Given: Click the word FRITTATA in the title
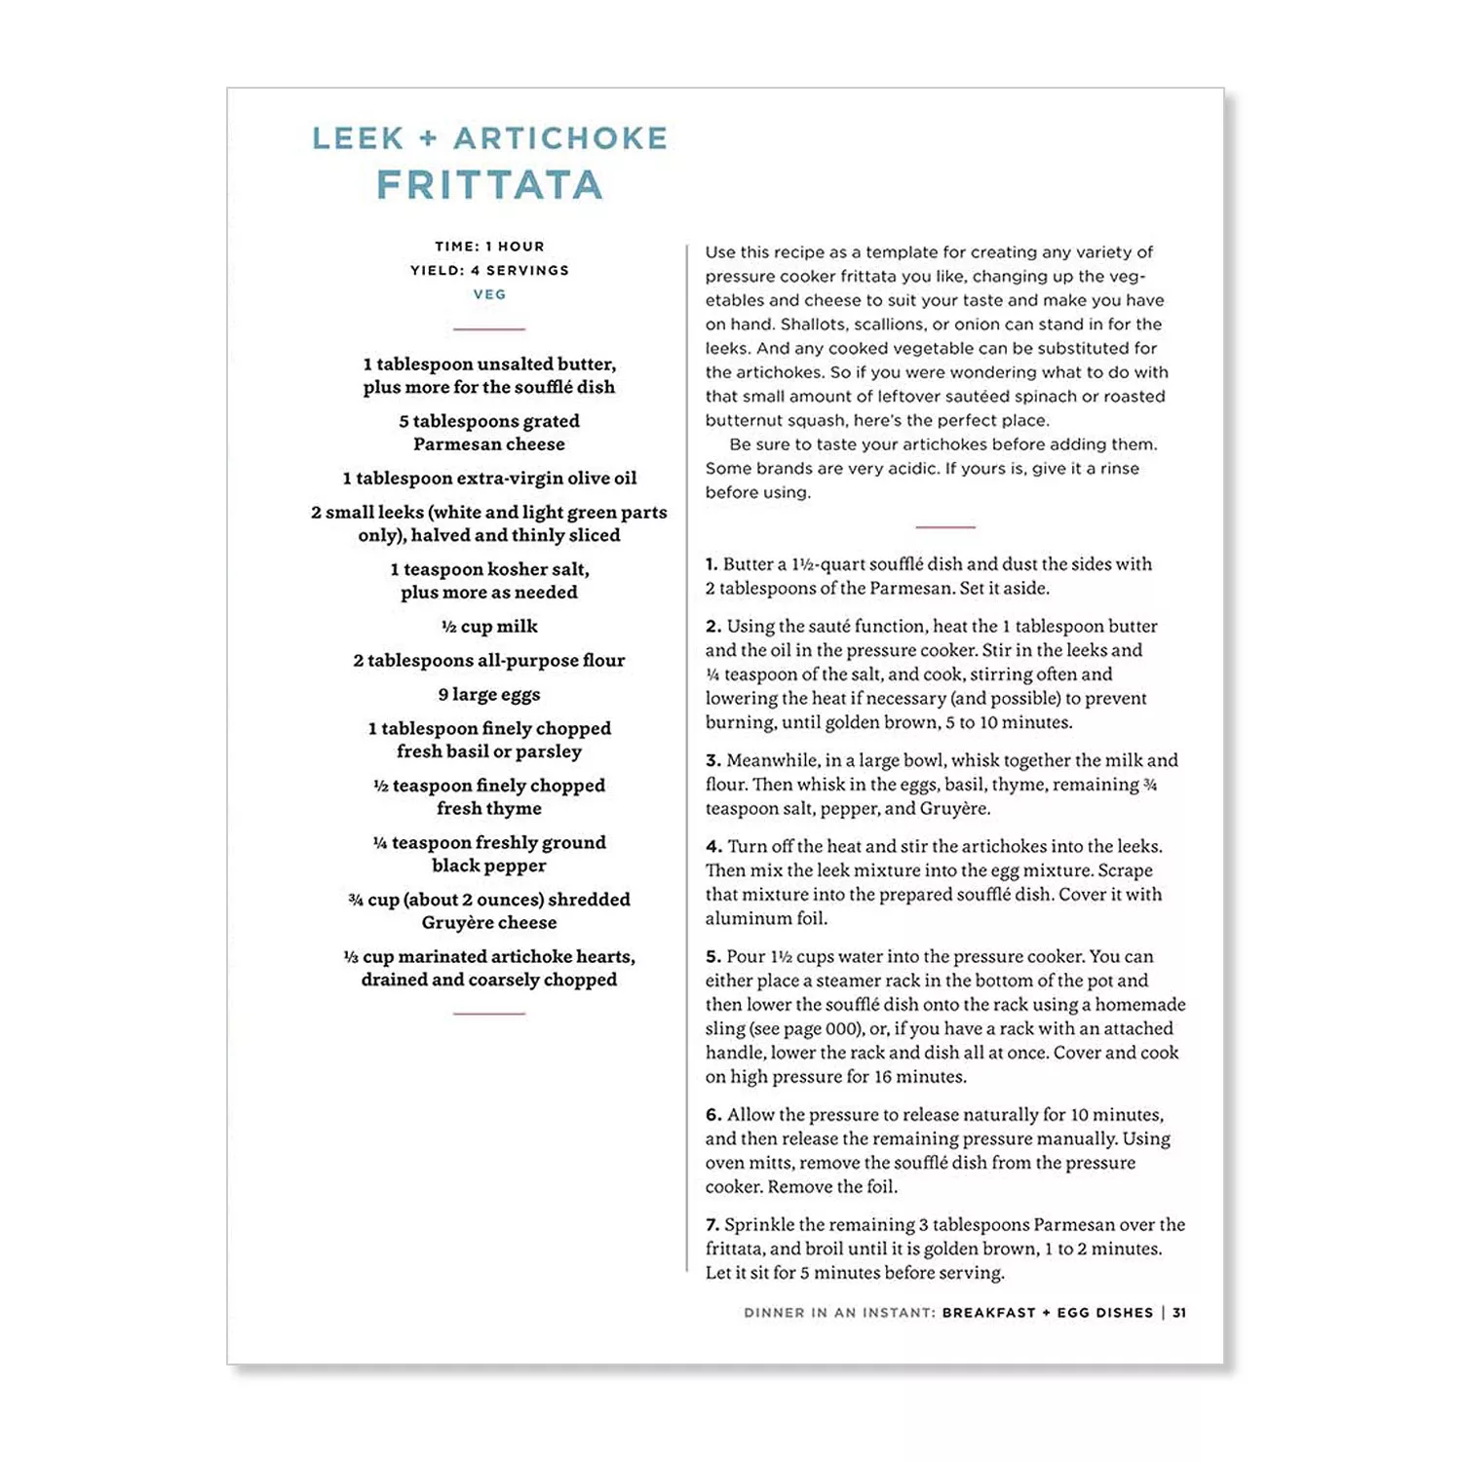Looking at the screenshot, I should tap(489, 185).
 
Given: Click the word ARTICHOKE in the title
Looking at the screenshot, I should tap(560, 138).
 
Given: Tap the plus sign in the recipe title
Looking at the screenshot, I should tap(428, 138).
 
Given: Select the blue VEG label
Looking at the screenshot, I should tap(489, 294).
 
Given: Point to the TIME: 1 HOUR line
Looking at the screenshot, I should tap(489, 247).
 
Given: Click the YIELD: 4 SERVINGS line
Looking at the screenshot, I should tap(489, 270).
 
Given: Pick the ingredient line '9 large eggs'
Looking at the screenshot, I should tap(489, 694).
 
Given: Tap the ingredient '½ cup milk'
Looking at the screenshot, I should tap(489, 626).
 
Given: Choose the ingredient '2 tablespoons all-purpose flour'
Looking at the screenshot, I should tap(489, 660).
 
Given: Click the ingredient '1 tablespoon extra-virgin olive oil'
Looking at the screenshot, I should tap(489, 478).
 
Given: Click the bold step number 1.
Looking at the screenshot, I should tap(712, 564).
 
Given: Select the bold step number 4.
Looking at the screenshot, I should tap(713, 847).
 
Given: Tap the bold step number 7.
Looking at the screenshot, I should tap(712, 1225).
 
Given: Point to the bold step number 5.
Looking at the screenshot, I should tap(713, 957).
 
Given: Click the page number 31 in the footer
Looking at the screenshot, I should tap(1179, 1313).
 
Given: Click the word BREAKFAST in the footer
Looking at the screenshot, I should tap(988, 1313).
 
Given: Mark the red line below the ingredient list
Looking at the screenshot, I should tap(489, 1014).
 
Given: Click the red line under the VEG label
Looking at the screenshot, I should tap(489, 329).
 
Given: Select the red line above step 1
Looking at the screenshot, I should tap(945, 527).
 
